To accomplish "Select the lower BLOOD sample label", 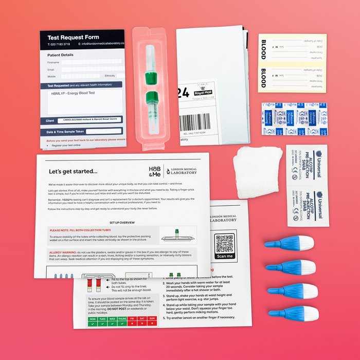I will click(x=292, y=78).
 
